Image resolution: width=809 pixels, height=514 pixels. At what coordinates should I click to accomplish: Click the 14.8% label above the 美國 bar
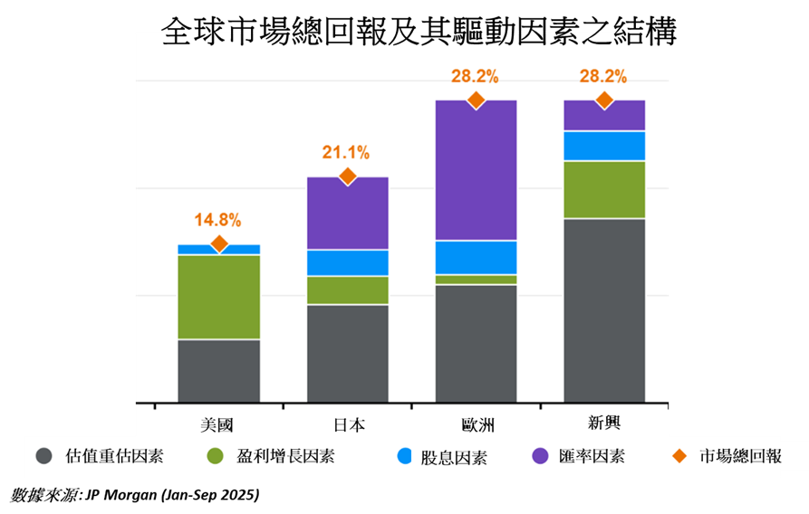point(217,220)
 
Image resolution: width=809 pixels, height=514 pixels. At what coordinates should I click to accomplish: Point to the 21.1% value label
point(346,153)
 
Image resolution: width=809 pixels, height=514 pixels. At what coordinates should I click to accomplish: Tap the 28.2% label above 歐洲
point(475,76)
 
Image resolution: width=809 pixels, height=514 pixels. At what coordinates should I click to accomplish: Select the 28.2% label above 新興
point(603,76)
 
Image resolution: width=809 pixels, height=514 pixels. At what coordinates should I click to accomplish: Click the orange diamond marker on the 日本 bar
point(347,176)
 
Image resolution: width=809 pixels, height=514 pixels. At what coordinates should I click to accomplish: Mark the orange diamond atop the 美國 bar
point(218,243)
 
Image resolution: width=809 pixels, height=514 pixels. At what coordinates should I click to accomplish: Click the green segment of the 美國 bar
point(218,297)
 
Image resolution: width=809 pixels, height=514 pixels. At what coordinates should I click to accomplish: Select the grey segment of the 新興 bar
point(604,310)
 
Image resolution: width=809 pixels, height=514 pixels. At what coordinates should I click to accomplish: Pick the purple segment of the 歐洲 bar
point(476,170)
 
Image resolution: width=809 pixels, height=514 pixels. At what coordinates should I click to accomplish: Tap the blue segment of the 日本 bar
point(347,262)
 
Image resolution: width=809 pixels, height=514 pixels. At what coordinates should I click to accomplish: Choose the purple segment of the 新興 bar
point(604,116)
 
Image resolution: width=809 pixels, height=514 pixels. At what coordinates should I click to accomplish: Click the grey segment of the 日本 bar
point(347,353)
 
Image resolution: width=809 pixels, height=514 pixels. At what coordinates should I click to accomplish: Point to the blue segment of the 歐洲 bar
point(476,258)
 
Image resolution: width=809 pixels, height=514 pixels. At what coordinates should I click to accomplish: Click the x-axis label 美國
point(217,424)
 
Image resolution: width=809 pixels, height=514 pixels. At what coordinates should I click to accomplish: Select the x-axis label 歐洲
point(476,424)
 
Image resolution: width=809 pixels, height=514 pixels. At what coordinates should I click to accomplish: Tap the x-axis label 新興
point(604,424)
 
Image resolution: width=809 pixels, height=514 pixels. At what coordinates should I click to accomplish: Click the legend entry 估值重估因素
point(114,456)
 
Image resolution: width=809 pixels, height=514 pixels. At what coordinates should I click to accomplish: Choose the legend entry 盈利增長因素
point(285,456)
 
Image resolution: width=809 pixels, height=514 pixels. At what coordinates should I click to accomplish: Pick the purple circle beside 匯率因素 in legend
point(540,456)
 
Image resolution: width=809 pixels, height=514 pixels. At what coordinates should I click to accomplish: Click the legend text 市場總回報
point(740,456)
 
